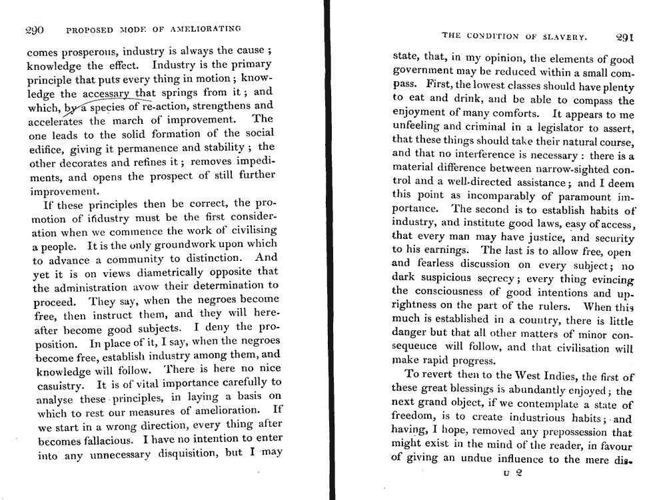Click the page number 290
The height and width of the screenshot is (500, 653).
click(x=34, y=30)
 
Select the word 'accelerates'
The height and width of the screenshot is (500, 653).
click(x=56, y=121)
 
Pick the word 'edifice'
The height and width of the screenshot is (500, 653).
click(x=46, y=148)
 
